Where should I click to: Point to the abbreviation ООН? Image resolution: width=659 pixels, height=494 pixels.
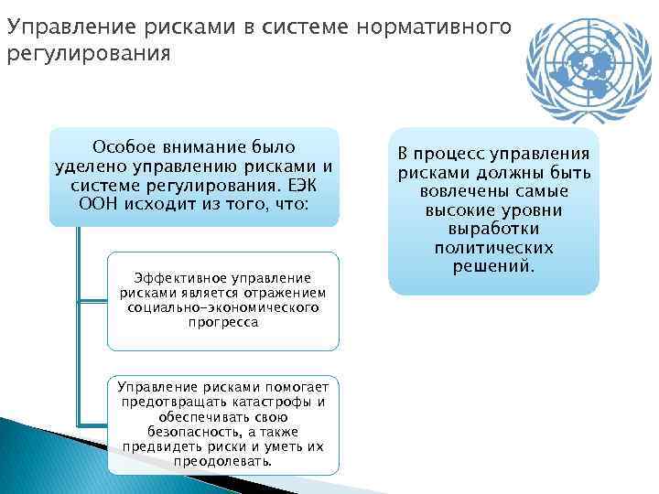[x=100, y=204]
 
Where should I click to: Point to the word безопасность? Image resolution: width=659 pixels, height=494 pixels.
[x=189, y=431]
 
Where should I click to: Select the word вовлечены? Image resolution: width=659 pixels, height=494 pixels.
[x=460, y=191]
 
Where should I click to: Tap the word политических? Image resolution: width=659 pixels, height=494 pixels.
[x=494, y=248]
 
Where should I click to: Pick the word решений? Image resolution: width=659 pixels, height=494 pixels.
[x=493, y=266]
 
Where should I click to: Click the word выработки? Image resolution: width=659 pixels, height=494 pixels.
[x=494, y=229]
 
